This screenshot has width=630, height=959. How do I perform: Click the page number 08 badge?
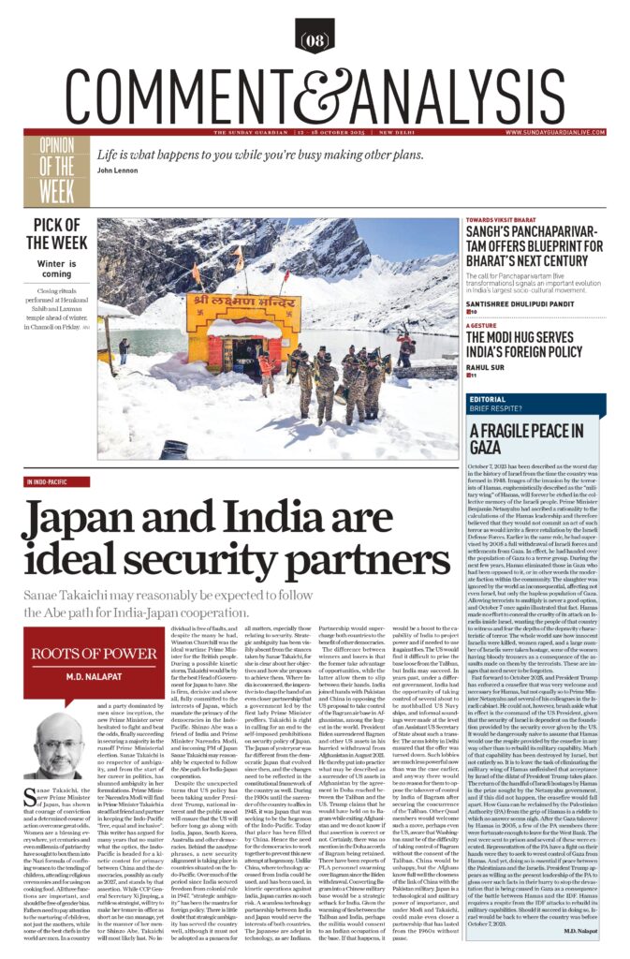pyautogui.click(x=314, y=40)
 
